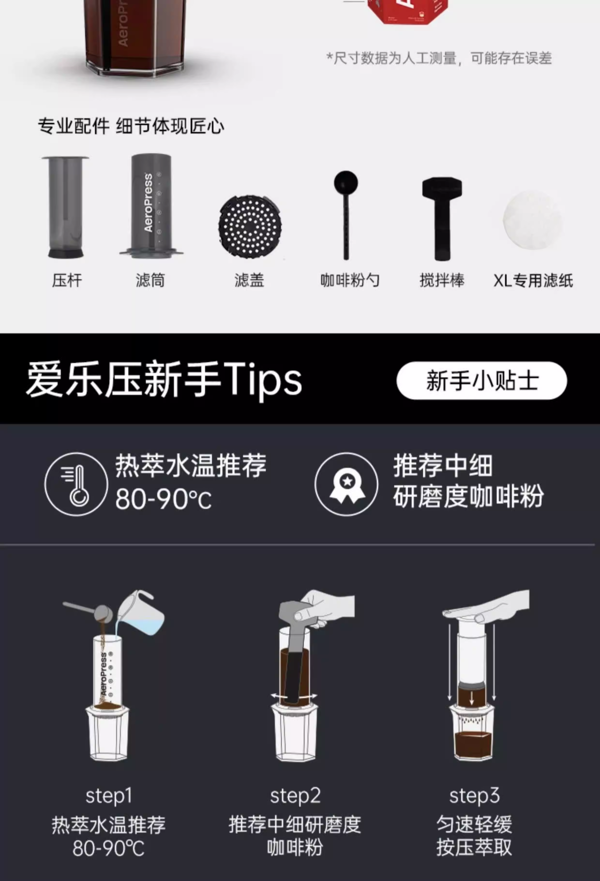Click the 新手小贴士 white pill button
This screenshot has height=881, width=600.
481,380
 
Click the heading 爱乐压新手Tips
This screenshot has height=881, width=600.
164,380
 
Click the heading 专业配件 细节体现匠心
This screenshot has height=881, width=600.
131,126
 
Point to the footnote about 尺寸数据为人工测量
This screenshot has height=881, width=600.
439,58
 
